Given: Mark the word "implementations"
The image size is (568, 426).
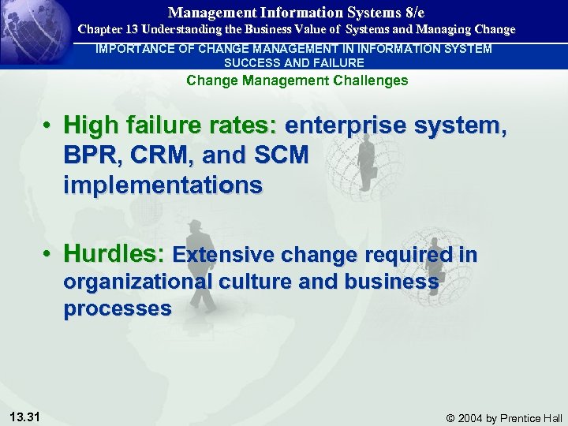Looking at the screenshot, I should [x=163, y=185].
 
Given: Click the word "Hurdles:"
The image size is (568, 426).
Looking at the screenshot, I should [x=114, y=254].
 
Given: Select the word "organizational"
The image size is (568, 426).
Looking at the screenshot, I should [x=138, y=282].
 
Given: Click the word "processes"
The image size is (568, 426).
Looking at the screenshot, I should [x=117, y=308].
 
